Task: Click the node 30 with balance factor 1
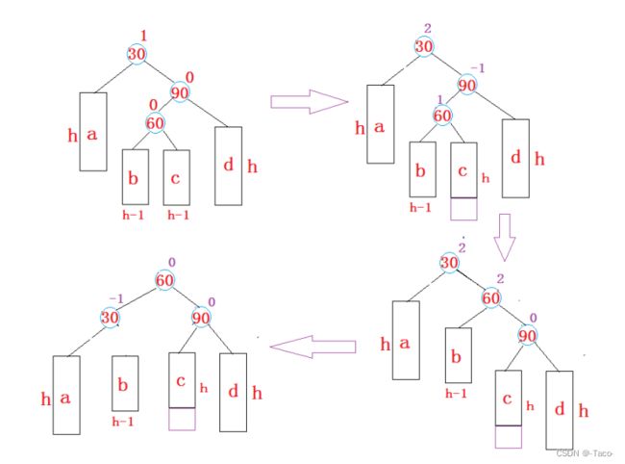[136, 54]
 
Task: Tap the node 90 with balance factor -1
[467, 85]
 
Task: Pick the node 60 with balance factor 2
[491, 299]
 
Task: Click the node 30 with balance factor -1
[111, 317]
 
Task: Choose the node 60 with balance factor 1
[442, 116]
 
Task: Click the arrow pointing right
[308, 102]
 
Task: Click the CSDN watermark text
[585, 451]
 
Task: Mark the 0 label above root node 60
[170, 261]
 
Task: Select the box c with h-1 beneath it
[175, 176]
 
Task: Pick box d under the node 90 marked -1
[514, 158]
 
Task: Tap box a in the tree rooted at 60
[65, 397]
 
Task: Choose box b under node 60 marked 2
[458, 356]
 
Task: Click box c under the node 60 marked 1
[463, 169]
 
